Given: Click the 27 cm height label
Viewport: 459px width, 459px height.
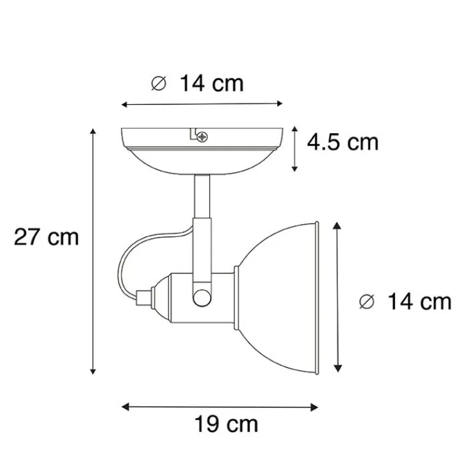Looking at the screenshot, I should pyautogui.click(x=46, y=237).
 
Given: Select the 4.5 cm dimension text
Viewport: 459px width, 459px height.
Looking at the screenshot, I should pyautogui.click(x=342, y=141).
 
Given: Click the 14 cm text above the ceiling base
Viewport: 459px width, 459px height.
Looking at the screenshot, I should pyautogui.click(x=212, y=83).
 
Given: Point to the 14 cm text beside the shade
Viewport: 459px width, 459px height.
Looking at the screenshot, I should pyautogui.click(x=419, y=301).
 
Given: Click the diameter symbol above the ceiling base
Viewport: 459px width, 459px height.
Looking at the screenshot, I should pyautogui.click(x=157, y=83).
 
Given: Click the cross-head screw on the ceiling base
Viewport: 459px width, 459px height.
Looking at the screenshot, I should pyautogui.click(x=203, y=136).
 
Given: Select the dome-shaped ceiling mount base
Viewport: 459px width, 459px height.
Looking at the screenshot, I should pyautogui.click(x=202, y=150).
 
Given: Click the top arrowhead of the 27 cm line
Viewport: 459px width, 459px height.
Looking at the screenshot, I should pyautogui.click(x=93, y=131).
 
